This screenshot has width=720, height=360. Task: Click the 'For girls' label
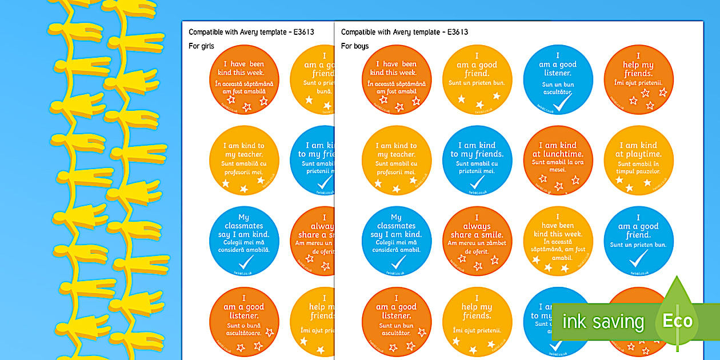[x=201, y=46]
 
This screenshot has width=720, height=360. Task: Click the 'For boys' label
[x=355, y=46]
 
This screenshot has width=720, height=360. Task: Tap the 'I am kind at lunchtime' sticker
[x=558, y=161]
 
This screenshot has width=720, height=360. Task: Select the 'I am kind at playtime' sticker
[x=638, y=161]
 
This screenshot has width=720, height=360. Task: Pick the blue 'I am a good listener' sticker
[x=558, y=79]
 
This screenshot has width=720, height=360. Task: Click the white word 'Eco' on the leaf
[x=677, y=321]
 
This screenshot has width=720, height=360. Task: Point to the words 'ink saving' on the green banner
[x=603, y=322]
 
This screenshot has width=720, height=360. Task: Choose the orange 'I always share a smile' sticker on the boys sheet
[x=477, y=241]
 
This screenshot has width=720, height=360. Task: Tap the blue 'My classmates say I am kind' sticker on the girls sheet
[x=244, y=241]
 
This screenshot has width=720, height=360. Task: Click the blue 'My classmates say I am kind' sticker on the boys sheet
[x=397, y=241]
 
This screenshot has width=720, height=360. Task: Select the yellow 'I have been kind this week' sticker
[x=558, y=241]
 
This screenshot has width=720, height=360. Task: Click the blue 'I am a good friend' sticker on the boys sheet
[x=638, y=241]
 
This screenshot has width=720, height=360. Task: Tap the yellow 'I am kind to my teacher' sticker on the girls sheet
[x=244, y=161]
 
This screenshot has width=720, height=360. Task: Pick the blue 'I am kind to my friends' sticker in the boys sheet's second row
[x=477, y=161]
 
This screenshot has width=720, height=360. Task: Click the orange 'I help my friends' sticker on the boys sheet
[x=638, y=79]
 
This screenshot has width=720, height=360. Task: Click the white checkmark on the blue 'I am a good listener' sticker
[x=563, y=103]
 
